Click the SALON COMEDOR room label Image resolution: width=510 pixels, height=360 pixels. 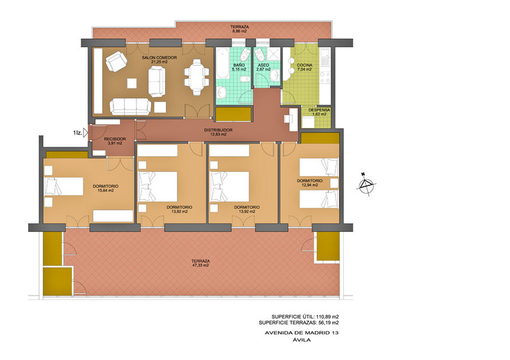pyautogui.click(x=159, y=59)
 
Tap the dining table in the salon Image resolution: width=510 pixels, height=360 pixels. pyautogui.click(x=196, y=76)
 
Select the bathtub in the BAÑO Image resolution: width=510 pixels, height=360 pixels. pyautogui.click(x=222, y=63)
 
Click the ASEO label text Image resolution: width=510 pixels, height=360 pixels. pyautogui.click(x=263, y=66)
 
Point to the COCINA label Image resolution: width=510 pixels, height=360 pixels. pyautogui.click(x=305, y=66)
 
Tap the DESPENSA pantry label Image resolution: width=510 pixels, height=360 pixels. pyautogui.click(x=319, y=110)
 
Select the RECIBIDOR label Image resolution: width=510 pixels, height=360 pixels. pyautogui.click(x=115, y=139)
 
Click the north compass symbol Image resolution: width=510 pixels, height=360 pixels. pyautogui.click(x=367, y=185)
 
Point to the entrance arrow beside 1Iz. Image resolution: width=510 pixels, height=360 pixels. pyautogui.click(x=86, y=133)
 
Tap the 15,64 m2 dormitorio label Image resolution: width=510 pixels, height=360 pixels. pyautogui.click(x=106, y=191)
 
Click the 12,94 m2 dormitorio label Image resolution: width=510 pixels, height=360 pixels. pyautogui.click(x=309, y=185)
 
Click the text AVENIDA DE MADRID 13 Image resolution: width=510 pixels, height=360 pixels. pyautogui.click(x=302, y=333)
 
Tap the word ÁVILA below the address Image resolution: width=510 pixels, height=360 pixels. pyautogui.click(x=302, y=340)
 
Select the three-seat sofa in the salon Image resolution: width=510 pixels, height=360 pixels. pyautogui.click(x=131, y=106)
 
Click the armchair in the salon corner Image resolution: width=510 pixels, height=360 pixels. pyautogui.click(x=116, y=61)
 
